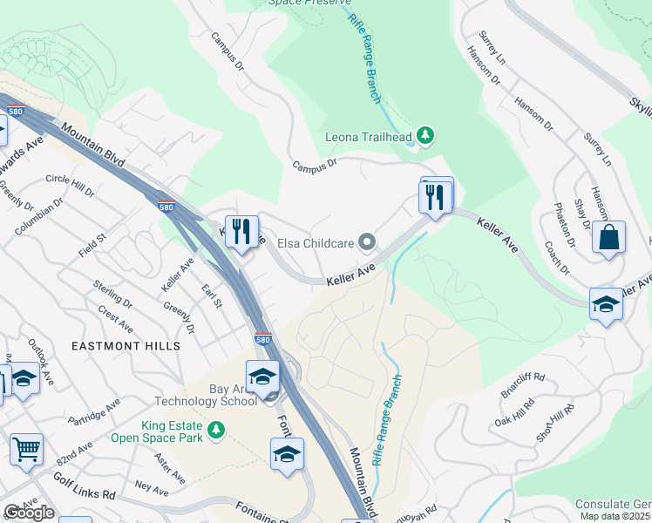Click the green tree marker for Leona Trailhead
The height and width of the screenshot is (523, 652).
tap(424, 135)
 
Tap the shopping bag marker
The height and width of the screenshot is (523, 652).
tap(608, 236)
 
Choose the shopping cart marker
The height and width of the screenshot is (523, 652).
tap(26, 449)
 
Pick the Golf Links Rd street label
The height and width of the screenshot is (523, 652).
tap(85, 494)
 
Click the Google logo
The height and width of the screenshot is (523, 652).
tap(29, 513)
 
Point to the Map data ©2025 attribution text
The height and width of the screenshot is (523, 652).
tap(615, 516)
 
